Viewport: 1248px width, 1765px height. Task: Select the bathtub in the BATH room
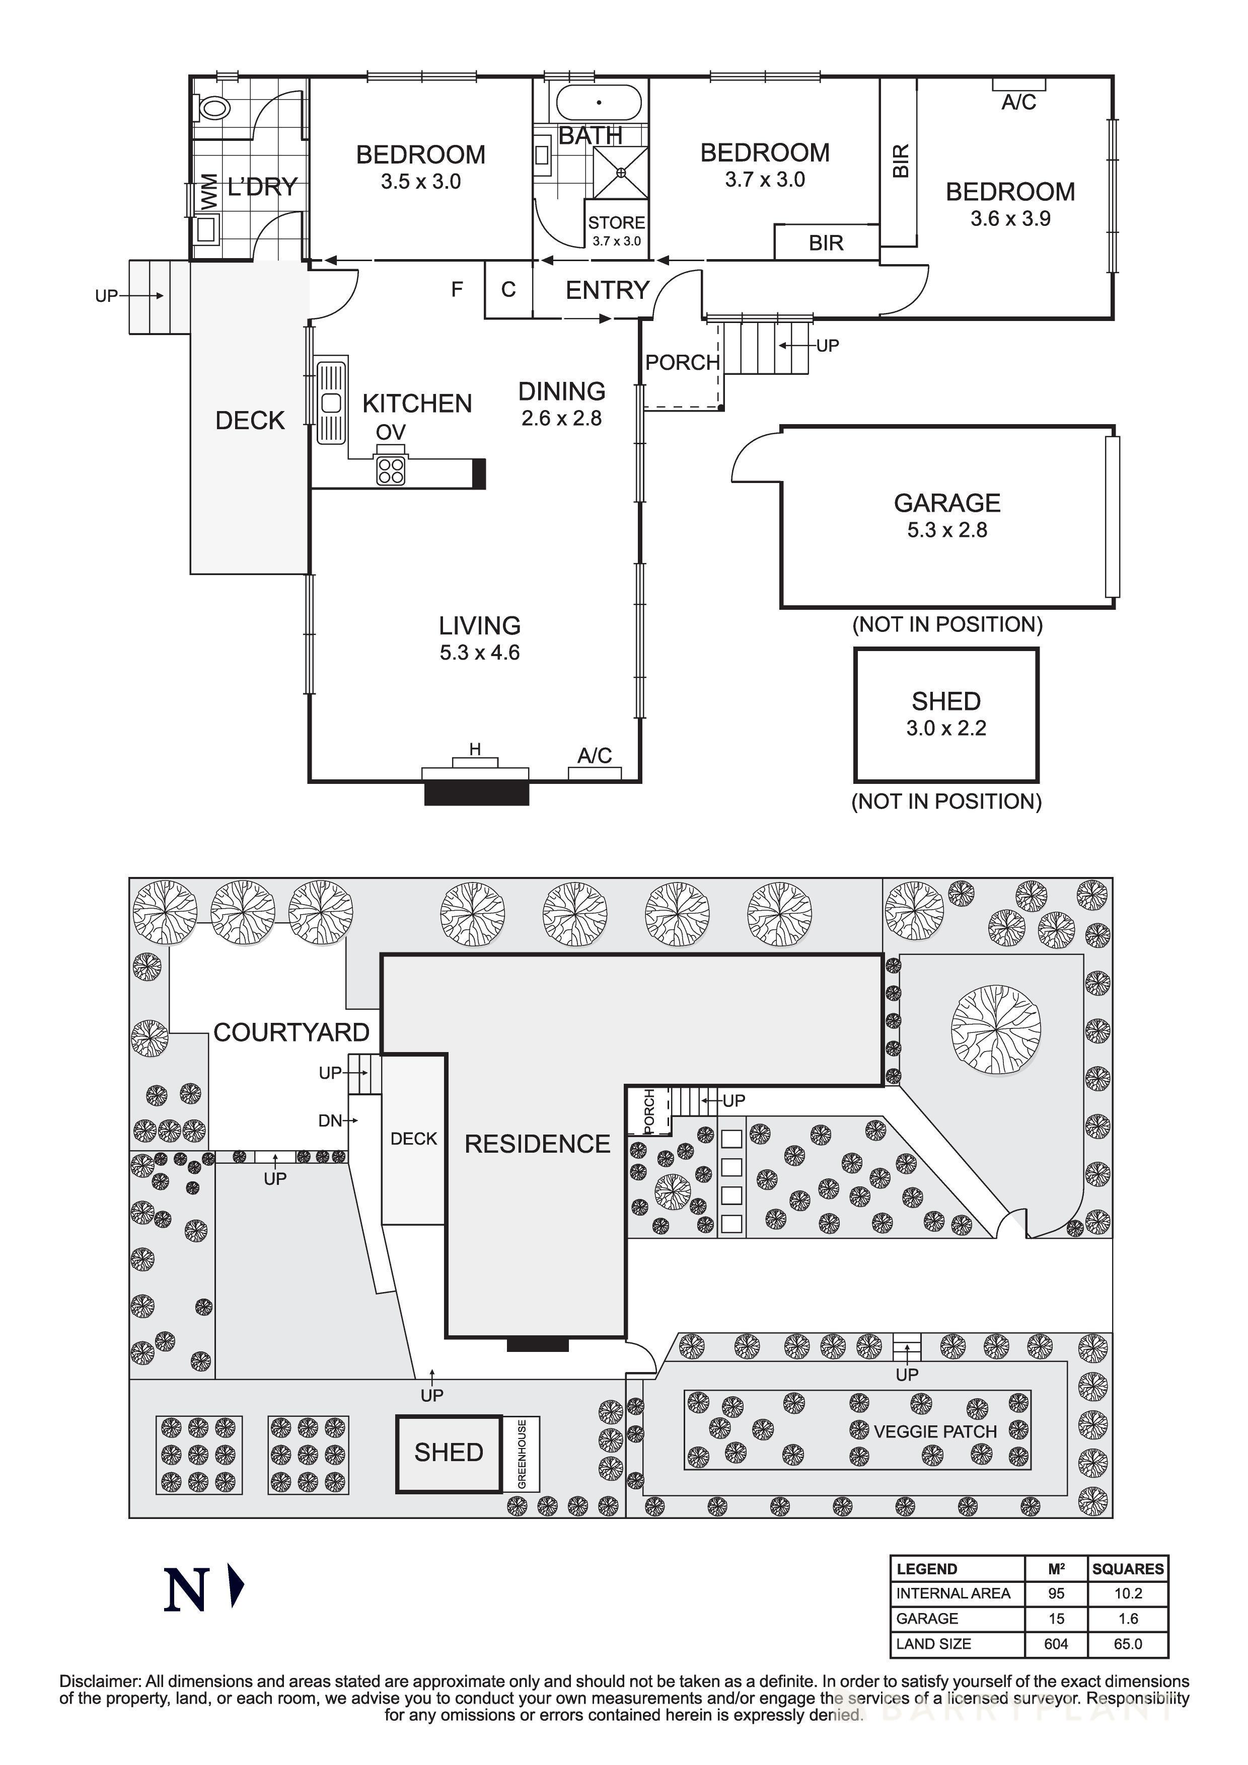[x=598, y=102]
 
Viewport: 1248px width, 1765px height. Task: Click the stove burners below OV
[x=391, y=470]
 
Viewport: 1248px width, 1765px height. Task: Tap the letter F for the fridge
[x=457, y=290]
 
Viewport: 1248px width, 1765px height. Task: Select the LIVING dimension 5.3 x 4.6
[x=480, y=653]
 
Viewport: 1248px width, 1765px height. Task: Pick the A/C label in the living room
[x=595, y=756]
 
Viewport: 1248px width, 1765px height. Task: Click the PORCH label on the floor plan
[x=682, y=362]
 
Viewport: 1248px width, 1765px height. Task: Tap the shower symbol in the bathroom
[x=621, y=173]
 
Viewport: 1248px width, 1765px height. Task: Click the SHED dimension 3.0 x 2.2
[x=946, y=728]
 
